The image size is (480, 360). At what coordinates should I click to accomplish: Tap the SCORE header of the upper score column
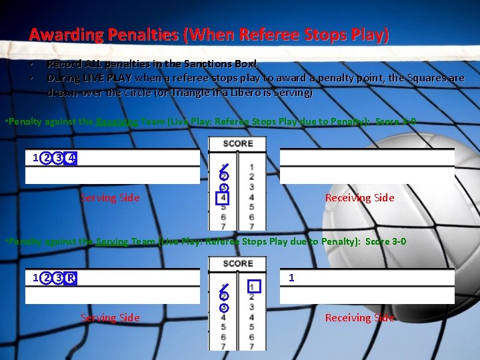(237, 143)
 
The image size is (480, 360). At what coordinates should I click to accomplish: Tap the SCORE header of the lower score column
(237, 263)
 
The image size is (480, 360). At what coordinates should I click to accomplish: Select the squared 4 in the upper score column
(223, 198)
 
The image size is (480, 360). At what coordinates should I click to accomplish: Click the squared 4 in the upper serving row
(71, 158)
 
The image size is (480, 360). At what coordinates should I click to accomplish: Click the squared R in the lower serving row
(71, 278)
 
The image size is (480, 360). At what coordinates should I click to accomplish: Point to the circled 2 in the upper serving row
(46, 158)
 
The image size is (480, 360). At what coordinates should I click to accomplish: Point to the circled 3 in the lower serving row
(59, 278)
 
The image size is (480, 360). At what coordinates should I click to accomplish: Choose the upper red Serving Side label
(110, 198)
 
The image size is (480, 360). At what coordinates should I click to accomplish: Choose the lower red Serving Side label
(110, 318)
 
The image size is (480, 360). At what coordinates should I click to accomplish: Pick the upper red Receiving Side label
(359, 198)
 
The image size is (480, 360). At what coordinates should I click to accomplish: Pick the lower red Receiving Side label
(359, 318)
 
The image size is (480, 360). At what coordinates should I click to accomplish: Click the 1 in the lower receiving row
(291, 277)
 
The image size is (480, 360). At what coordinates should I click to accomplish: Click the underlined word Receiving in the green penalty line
(117, 121)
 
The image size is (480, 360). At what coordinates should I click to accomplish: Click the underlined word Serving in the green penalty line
(113, 241)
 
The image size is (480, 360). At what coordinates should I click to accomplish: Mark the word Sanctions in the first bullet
(202, 64)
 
